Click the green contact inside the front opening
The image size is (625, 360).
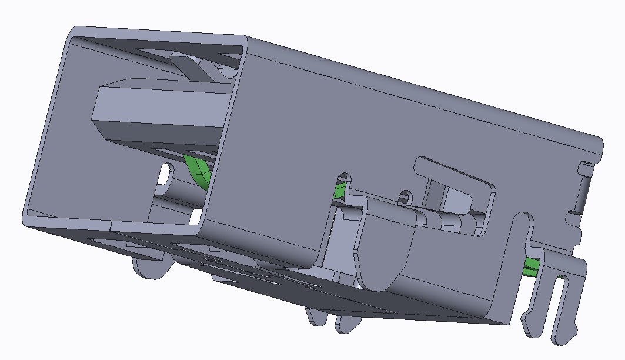click(198, 170)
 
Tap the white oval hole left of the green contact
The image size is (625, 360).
click(166, 174)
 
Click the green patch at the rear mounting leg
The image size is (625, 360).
click(532, 266)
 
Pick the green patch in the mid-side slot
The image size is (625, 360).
click(339, 191)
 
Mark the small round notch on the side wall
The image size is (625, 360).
click(405, 196)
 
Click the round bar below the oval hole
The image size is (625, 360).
click(173, 191)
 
